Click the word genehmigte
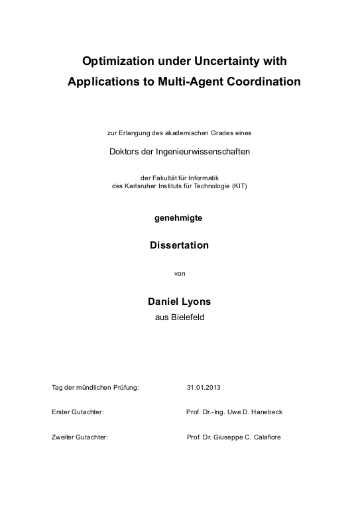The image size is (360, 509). point(179,217)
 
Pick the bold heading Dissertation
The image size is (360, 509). point(180,245)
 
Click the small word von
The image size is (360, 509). point(179,272)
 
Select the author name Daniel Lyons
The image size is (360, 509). point(179,302)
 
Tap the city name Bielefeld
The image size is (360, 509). point(189,317)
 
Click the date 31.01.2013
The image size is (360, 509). point(204,387)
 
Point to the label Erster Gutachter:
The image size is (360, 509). point(78,412)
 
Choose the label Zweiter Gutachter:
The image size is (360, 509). point(80,437)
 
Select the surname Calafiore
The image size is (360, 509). point(265,437)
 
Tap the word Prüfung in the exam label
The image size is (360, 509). point(126,387)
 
